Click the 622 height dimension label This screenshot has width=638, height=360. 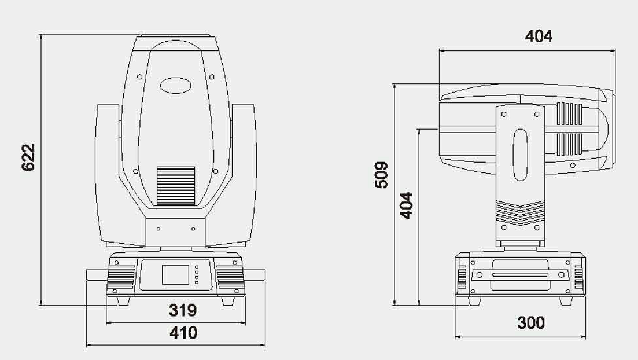[28, 157]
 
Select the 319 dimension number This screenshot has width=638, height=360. [183, 310]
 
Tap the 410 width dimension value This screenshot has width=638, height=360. [183, 333]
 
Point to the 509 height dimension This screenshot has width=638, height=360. [381, 175]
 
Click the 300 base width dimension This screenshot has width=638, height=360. [531, 322]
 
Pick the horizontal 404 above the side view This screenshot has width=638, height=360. [539, 36]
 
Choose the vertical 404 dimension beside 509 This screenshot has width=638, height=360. [406, 205]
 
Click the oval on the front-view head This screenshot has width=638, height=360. [176, 86]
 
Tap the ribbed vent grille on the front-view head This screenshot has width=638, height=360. [176, 185]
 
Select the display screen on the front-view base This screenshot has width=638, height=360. [176, 274]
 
